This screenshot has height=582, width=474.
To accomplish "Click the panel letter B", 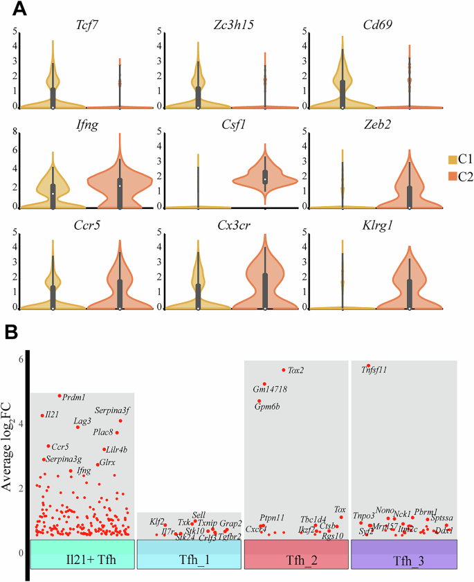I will tap(12, 332).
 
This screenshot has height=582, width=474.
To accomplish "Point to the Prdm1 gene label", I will tap(73, 398).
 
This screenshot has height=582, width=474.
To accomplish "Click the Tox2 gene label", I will tap(296, 370).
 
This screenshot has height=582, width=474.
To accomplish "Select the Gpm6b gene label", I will tap(266, 407).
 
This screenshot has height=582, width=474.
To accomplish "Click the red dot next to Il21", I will tap(42, 415).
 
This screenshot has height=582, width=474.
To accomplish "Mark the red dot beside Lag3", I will tap(78, 427).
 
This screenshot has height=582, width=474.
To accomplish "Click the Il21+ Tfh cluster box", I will tap(82, 554).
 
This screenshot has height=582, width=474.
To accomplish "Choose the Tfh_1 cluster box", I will tap(189, 554).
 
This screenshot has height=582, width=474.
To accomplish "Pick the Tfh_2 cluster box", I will tap(296, 554).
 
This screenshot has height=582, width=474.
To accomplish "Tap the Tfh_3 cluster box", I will tap(404, 554).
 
